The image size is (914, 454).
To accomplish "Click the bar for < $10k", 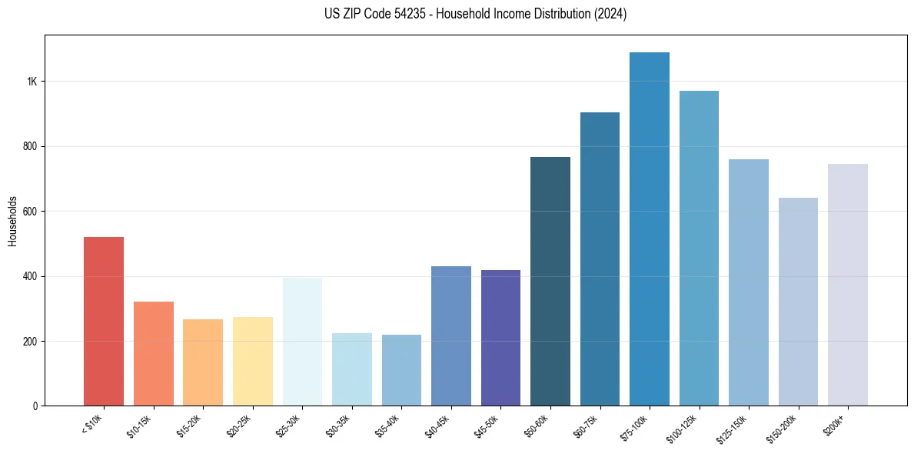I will (x=104, y=322).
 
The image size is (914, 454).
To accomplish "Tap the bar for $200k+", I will (x=848, y=285).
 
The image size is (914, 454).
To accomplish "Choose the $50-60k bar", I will (x=550, y=282).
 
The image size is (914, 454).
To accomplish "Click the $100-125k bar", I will (x=699, y=249).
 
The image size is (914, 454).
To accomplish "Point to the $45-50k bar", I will (x=500, y=338).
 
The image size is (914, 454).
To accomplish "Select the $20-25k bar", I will (x=253, y=362).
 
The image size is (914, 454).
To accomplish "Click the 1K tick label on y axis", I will (x=32, y=82).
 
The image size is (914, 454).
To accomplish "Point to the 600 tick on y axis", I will (x=30, y=212).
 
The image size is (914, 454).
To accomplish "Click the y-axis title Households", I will (x=12, y=221).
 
